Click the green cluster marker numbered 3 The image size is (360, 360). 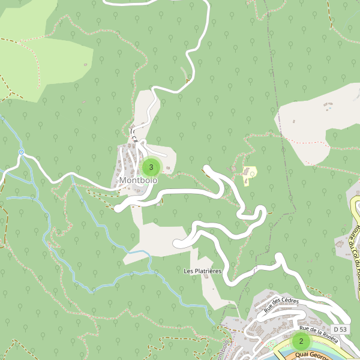pyautogui.click(x=151, y=167)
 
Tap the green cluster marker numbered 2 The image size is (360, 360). pyautogui.click(x=301, y=342)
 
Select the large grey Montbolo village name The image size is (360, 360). pyautogui.click(x=138, y=180)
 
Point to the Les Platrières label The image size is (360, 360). pyautogui.click(x=203, y=271)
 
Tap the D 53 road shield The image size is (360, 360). pyautogui.click(x=340, y=329)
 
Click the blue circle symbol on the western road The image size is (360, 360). pyautogui.click(x=21, y=152)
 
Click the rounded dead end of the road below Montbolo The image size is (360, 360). pyautogui.click(x=118, y=208)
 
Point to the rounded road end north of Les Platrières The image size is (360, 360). pyautogui.click(x=178, y=243)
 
